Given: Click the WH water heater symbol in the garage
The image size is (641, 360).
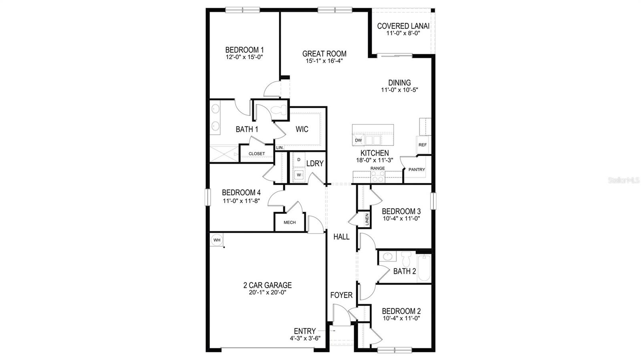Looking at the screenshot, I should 217,240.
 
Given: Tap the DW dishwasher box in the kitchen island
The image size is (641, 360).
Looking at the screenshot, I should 358,140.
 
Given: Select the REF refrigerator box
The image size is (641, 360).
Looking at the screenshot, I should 423,145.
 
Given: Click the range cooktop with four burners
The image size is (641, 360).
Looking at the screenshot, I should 378,177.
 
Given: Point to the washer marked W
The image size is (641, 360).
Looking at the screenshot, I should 298,175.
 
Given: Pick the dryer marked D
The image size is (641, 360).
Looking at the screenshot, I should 298,160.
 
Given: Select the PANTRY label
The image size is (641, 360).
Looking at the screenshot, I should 417,170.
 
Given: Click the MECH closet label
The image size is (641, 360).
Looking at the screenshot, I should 290,223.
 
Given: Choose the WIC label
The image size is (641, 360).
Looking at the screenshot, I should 302,129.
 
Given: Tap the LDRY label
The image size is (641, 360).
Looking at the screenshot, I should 315,163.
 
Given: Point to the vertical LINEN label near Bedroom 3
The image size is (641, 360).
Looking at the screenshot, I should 367,219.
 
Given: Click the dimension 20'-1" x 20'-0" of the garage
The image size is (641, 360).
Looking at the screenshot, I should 267,292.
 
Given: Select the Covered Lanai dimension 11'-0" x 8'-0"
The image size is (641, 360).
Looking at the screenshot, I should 403,33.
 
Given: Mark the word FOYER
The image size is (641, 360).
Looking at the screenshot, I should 341,295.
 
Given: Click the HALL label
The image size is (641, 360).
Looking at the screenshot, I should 341,237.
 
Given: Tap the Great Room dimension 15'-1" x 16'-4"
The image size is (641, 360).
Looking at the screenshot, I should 324,61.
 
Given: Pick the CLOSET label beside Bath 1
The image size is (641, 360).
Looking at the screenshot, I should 257,154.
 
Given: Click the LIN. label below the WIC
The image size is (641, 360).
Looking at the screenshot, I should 280,148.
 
